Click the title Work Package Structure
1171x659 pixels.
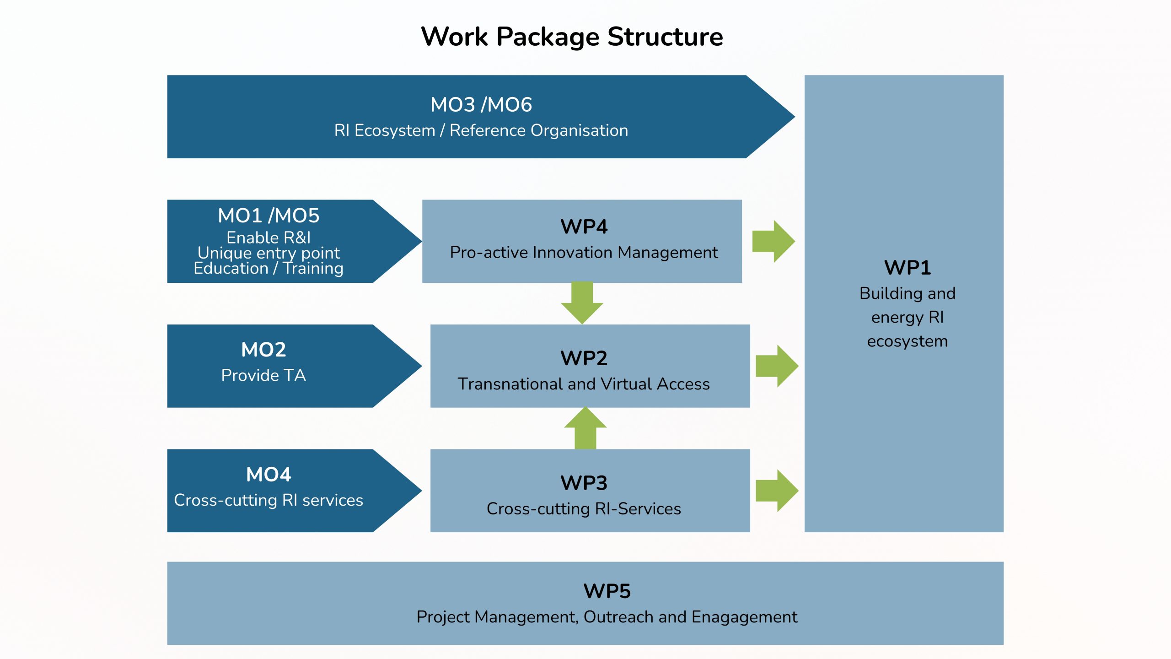[x=572, y=37]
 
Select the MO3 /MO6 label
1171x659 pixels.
[x=481, y=105]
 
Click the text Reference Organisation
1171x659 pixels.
[x=539, y=130]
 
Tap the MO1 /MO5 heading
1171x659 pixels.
[x=269, y=216]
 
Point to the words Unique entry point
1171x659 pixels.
[x=269, y=253]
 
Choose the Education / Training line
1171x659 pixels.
[x=269, y=268]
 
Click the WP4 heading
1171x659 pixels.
[x=584, y=227]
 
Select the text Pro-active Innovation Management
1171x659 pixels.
[x=584, y=252]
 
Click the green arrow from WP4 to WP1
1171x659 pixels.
[x=773, y=241]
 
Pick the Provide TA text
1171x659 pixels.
[x=263, y=375]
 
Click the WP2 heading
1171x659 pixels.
[x=584, y=358]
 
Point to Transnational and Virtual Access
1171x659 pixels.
[x=584, y=384]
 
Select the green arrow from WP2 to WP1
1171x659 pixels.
[x=777, y=366]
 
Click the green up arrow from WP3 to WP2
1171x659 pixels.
[x=585, y=428]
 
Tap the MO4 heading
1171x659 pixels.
[x=269, y=475]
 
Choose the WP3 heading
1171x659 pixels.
[x=584, y=483]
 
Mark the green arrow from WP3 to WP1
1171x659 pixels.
[x=777, y=491]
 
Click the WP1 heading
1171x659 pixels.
[x=908, y=268]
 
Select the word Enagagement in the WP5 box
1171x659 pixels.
[x=744, y=617]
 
